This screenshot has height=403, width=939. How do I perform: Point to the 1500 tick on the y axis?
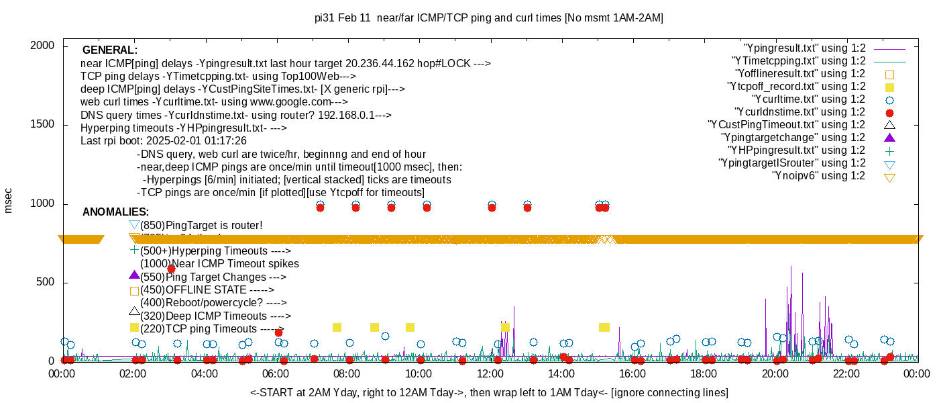(x=44, y=125)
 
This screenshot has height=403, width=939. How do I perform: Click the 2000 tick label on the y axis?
(x=44, y=46)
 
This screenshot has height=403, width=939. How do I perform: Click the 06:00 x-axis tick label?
(x=276, y=375)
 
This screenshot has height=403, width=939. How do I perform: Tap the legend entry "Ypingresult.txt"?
(x=804, y=48)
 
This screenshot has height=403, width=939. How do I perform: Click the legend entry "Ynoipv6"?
(x=818, y=176)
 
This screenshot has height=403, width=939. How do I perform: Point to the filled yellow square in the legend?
(x=889, y=87)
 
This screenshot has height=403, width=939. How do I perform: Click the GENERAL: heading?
(x=110, y=50)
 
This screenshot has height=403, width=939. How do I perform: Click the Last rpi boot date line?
(x=164, y=141)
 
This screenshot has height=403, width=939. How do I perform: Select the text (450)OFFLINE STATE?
(x=193, y=290)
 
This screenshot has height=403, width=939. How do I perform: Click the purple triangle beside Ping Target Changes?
(x=134, y=275)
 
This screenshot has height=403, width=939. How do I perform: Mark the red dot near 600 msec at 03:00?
(x=171, y=269)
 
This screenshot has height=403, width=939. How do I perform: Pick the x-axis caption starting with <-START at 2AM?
(x=489, y=392)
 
